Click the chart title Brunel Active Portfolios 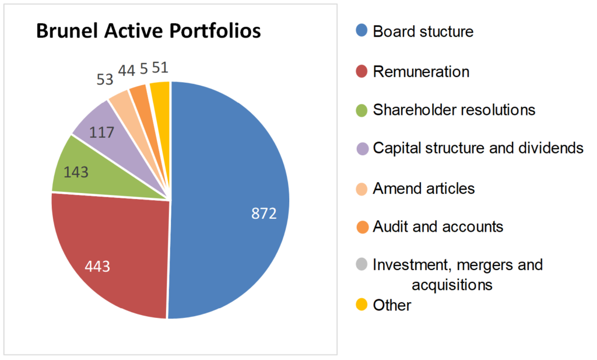click(148, 32)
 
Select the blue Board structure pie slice click(233, 175)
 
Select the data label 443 click(99, 267)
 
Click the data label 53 click(105, 79)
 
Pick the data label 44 click(127, 71)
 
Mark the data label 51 click(160, 68)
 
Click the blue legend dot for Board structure click(362, 32)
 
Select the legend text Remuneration click(421, 72)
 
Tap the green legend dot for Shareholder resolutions click(362, 110)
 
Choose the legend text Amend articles click(424, 188)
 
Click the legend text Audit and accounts click(438, 226)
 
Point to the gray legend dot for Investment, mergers click(362, 265)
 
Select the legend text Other click(392, 305)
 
